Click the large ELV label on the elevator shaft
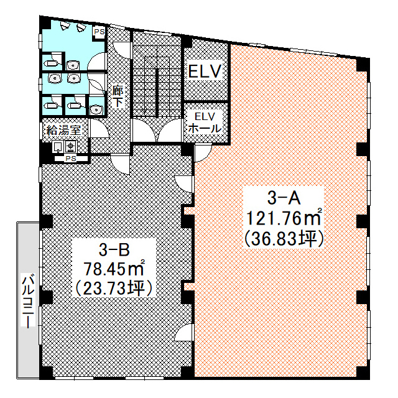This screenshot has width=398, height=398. [205, 71]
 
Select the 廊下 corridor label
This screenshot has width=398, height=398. [118, 97]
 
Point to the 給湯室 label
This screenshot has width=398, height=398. [63, 131]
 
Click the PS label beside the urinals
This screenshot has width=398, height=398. [99, 32]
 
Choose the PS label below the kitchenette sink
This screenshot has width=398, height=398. [71, 159]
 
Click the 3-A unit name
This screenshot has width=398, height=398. [284, 198]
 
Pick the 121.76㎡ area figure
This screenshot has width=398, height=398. [284, 218]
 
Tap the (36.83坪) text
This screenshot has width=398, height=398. [284, 239]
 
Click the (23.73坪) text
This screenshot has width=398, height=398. [114, 288]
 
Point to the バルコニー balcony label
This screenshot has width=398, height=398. [28, 300]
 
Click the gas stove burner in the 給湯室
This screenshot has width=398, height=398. [71, 146]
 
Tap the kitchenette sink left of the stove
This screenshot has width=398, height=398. [58, 147]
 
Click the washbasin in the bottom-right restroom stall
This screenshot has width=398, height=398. [96, 109]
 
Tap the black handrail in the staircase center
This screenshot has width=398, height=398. [157, 93]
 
